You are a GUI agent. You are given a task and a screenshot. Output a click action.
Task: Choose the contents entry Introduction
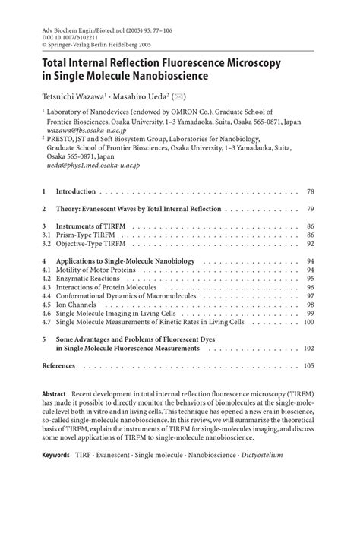pyautogui.click(x=76, y=191)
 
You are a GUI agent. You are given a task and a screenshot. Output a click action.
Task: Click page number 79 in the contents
pyautogui.click(x=310, y=208)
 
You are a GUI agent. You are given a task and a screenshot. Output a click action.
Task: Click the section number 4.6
pyautogui.click(x=46, y=313)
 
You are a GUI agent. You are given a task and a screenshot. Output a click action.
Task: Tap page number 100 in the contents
pyautogui.click(x=308, y=322)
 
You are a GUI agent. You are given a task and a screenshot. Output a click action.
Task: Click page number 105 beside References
pyautogui.click(x=308, y=365)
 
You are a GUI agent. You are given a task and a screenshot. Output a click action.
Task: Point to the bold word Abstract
pyautogui.click(x=54, y=396)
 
